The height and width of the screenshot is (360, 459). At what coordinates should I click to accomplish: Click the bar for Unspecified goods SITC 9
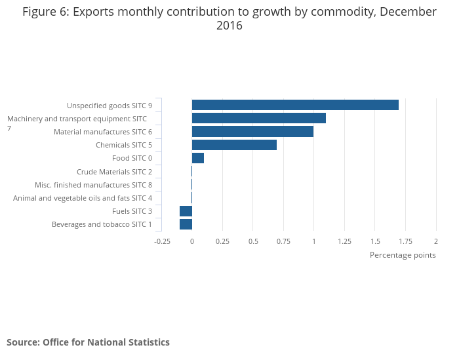click(295, 105)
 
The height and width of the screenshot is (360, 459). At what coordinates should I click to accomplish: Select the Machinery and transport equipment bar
click(258, 118)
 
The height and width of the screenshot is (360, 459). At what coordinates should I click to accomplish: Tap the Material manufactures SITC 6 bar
click(252, 132)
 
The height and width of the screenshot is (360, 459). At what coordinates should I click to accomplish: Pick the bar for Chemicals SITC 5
click(234, 145)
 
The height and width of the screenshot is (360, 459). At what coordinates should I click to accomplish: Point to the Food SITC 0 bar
click(198, 158)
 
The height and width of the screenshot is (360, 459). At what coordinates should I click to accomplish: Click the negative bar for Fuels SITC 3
click(186, 211)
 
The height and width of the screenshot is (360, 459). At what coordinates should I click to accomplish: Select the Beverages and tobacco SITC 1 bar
click(186, 224)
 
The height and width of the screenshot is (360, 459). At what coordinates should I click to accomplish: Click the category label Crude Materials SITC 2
click(114, 172)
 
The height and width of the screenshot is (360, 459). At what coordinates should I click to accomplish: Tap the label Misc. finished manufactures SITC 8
click(93, 185)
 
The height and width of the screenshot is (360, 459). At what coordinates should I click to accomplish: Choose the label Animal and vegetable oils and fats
click(83, 198)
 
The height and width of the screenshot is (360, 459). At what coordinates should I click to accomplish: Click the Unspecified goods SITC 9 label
click(110, 106)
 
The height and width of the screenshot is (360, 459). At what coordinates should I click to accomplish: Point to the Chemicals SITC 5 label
click(124, 145)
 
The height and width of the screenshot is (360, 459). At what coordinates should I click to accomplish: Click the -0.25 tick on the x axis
click(162, 241)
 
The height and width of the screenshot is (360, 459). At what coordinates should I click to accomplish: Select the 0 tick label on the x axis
click(192, 241)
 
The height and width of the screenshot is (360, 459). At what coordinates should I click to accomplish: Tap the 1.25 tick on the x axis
click(344, 241)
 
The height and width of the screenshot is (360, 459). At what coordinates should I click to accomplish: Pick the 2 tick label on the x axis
click(435, 241)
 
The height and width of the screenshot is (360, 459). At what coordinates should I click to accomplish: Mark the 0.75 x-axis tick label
click(283, 241)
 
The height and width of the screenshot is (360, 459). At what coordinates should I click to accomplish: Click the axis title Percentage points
click(403, 255)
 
